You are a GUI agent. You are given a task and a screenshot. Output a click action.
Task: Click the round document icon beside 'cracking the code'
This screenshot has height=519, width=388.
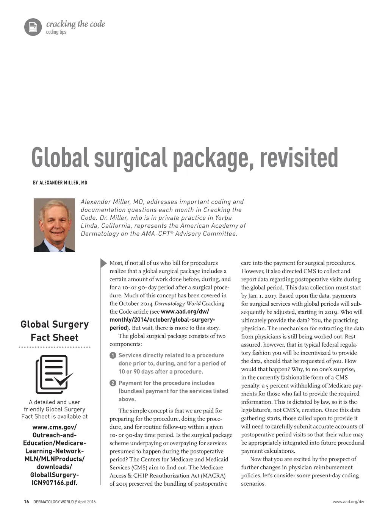pyautogui.click(x=33, y=27)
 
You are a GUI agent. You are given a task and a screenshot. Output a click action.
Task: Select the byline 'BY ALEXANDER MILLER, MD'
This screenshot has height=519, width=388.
pyautogui.click(x=60, y=183)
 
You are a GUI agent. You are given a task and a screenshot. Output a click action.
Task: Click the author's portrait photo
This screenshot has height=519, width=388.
pyautogui.click(x=54, y=225)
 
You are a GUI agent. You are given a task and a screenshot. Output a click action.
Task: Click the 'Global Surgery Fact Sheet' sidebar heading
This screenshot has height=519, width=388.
pyautogui.click(x=55, y=331)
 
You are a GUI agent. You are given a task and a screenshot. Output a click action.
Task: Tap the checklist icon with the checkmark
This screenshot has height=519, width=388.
pyautogui.click(x=53, y=374)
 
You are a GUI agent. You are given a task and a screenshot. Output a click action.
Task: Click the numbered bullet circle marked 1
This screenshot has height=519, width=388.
pyautogui.click(x=113, y=355)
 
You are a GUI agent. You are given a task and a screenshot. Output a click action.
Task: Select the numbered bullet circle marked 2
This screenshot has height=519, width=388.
pyautogui.click(x=113, y=383)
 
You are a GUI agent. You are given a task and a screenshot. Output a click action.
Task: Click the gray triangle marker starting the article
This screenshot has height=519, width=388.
pyautogui.click(x=103, y=263)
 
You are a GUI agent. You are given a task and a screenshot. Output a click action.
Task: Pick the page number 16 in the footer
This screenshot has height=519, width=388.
pyautogui.click(x=26, y=502)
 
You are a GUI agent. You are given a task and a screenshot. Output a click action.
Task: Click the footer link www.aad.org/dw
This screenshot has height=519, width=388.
pyautogui.click(x=348, y=502)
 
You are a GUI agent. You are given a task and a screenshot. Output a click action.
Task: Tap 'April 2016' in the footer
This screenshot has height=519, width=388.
pyautogui.click(x=87, y=502)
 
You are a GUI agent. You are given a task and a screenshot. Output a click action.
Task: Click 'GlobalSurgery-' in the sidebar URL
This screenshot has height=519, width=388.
pyautogui.click(x=55, y=475)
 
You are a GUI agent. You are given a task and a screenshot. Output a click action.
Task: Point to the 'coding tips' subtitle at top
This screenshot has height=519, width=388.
pyautogui.click(x=56, y=32)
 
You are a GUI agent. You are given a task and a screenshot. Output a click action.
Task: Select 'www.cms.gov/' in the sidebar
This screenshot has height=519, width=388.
pyautogui.click(x=55, y=427)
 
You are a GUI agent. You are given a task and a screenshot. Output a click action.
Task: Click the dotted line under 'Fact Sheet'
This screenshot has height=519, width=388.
pyautogui.click(x=55, y=347)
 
